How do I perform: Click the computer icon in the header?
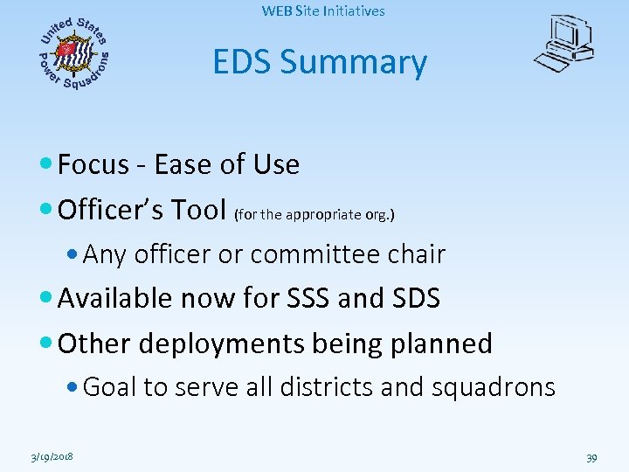coord(564,44)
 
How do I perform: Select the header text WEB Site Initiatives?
coord(322,11)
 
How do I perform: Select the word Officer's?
coord(114,210)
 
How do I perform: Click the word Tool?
coord(204,210)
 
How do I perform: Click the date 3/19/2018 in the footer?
coord(50,457)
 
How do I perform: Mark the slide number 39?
coord(591,457)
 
